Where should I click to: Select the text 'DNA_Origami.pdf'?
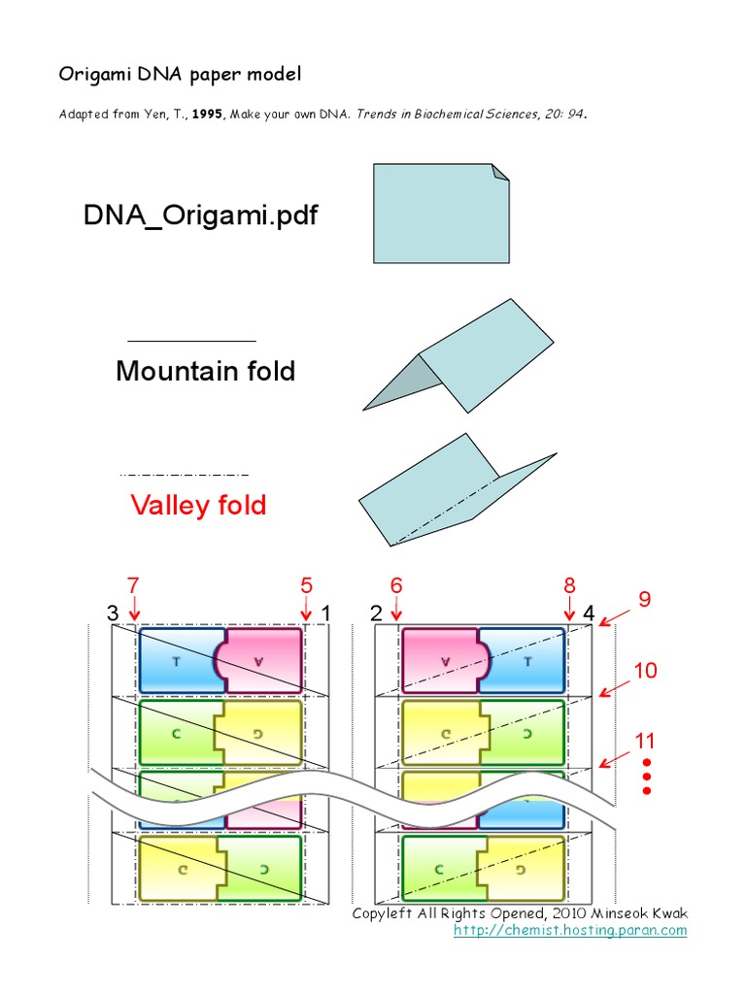[x=200, y=215]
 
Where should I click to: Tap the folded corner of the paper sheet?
[x=500, y=172]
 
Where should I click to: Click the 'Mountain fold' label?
[x=205, y=371]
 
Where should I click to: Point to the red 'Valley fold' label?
[x=198, y=505]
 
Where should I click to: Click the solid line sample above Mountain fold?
[x=191, y=342]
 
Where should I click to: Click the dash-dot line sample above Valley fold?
[x=184, y=474]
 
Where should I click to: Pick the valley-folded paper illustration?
[x=457, y=490]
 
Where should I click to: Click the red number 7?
[x=133, y=585]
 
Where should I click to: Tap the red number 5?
[x=306, y=585]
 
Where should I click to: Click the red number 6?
[x=396, y=585]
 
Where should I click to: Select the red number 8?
[x=569, y=585]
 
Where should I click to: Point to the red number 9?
[x=643, y=599]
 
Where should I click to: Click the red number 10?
[x=646, y=670]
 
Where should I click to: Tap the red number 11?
[x=646, y=742]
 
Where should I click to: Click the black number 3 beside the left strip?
[x=113, y=613]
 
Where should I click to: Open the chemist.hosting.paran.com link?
[x=570, y=930]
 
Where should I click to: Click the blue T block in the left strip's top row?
[x=180, y=660]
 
